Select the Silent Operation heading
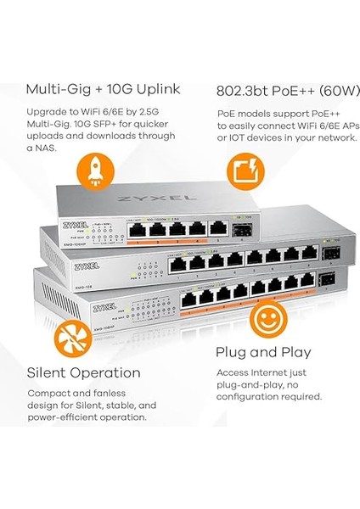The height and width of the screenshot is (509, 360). [84, 372]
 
